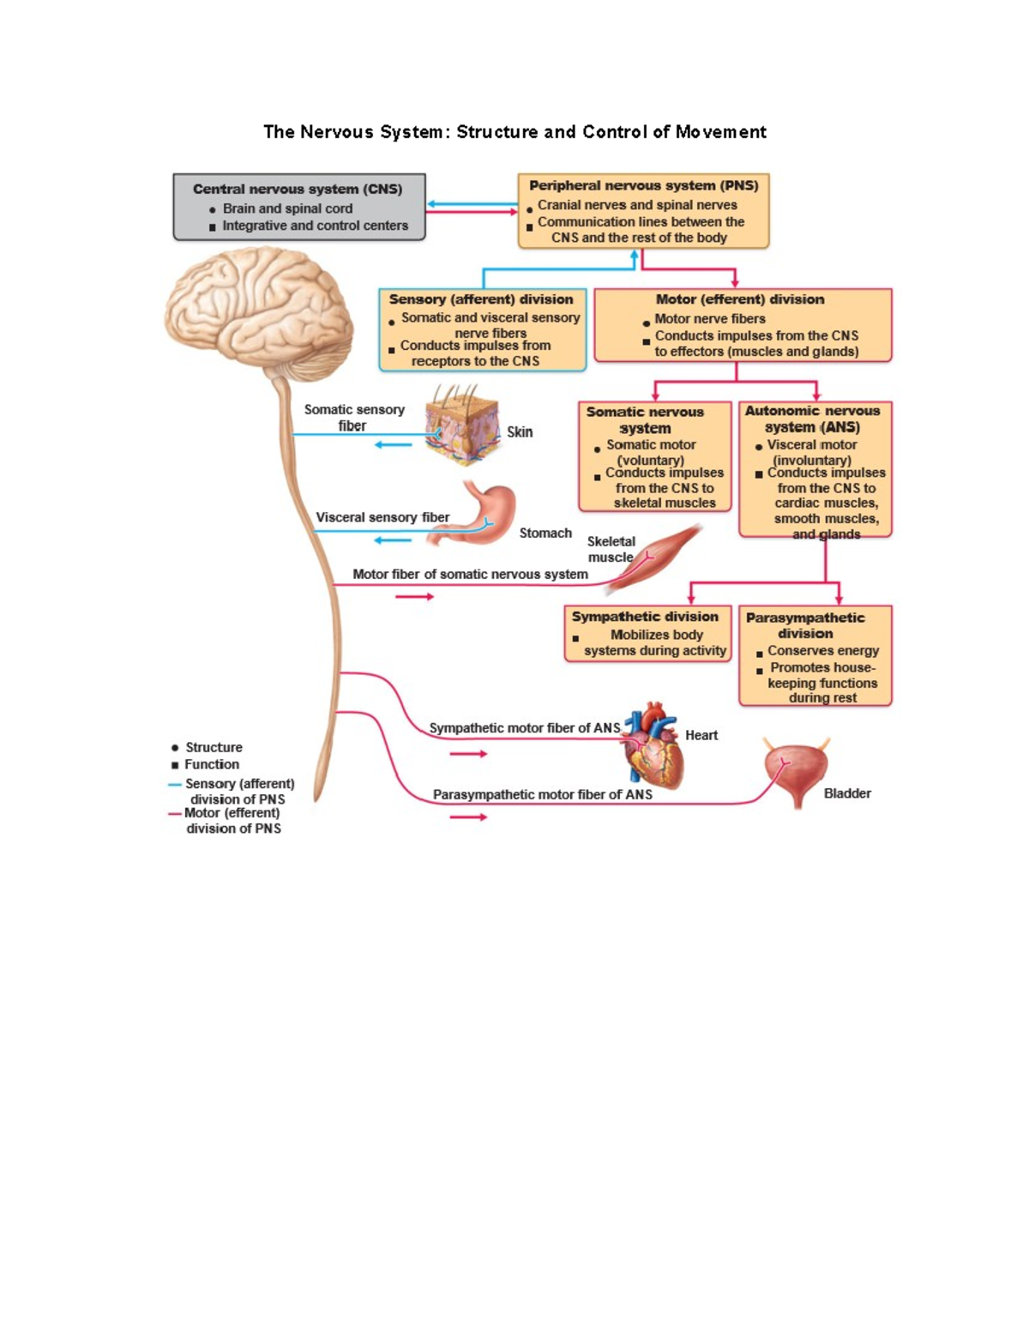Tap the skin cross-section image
(463, 426)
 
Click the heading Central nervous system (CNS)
(298, 189)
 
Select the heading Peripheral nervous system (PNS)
(643, 185)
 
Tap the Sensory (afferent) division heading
(481, 299)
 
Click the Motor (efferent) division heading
(739, 299)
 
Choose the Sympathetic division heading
(645, 617)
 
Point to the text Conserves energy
(822, 651)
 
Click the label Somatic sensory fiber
(353, 418)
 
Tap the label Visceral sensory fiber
(382, 517)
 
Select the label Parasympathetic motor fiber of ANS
(542, 795)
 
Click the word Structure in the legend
(214, 747)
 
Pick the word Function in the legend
(212, 764)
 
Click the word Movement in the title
(720, 132)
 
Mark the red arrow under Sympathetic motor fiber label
(468, 754)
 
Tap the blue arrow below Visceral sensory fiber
(393, 540)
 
